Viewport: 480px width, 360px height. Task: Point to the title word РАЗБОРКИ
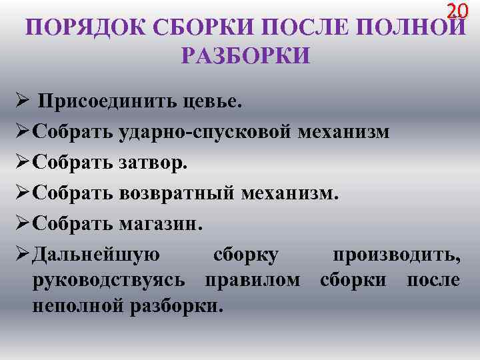[x=245, y=56]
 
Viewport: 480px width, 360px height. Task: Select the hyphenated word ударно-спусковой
[x=205, y=131]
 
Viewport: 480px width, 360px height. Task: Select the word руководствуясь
[x=109, y=280]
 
